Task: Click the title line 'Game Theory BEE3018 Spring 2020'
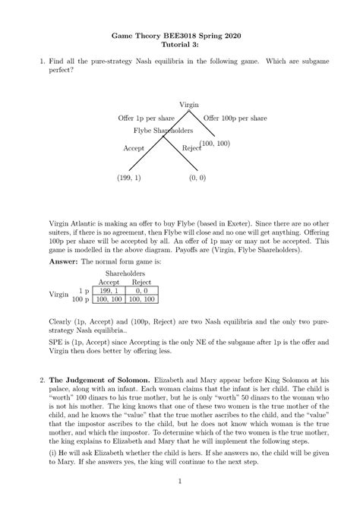[180, 35]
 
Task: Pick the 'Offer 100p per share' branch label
[235, 119]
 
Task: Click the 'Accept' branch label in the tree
[134, 149]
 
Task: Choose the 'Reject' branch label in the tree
[191, 149]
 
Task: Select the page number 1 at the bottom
[180, 481]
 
